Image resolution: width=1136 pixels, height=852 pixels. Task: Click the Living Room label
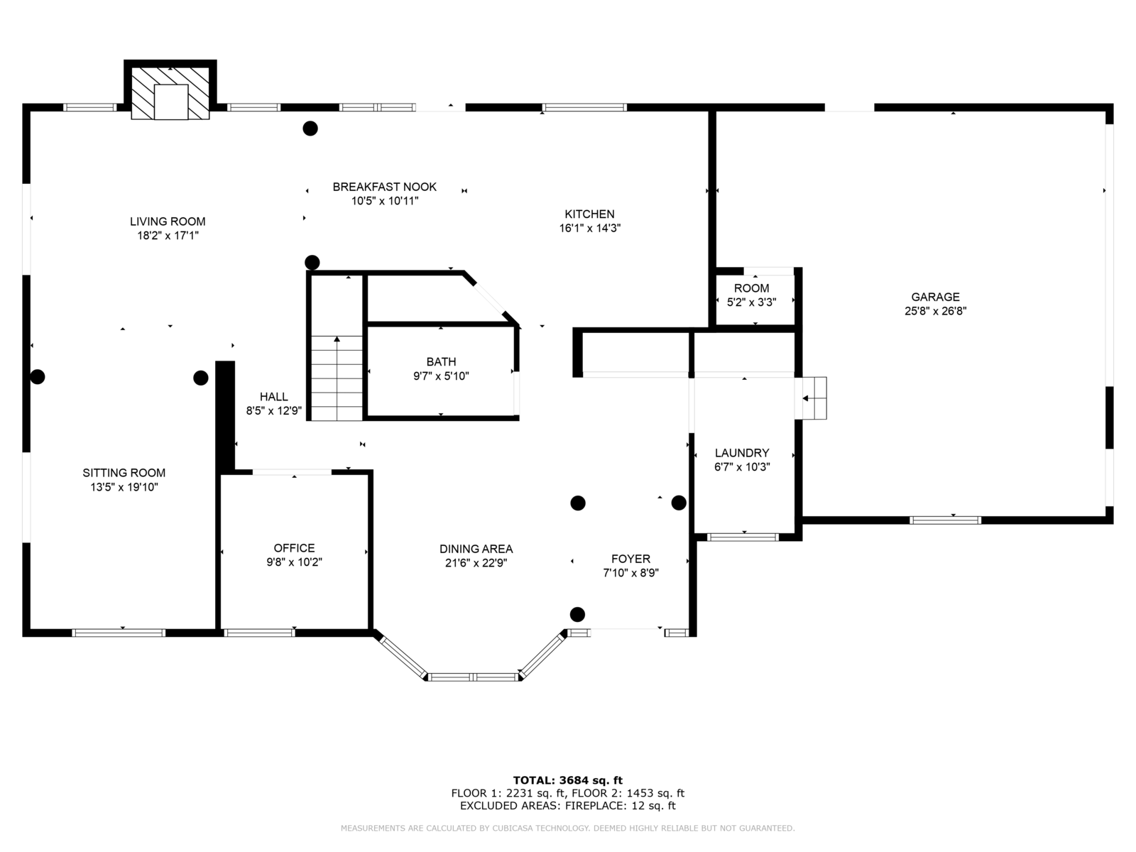coord(168,222)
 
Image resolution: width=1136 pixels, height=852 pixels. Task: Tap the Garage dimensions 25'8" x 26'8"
coord(935,311)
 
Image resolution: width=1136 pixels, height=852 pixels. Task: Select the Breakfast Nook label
coord(385,187)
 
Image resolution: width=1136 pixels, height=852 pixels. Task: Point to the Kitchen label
coord(589,214)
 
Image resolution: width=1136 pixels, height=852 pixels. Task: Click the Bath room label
coord(442,361)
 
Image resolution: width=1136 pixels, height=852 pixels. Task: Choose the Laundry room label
coord(742,453)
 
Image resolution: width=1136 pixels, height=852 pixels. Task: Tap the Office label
coord(294,548)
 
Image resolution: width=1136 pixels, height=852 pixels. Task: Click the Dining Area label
coord(476,549)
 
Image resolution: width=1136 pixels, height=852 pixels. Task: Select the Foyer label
coord(631,559)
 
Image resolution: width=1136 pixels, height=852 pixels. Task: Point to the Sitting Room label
coord(124,473)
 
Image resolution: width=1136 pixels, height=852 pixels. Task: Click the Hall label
coord(274,397)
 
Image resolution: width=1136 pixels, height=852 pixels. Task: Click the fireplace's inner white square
coord(171,102)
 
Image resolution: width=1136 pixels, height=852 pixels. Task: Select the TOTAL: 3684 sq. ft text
coord(568,780)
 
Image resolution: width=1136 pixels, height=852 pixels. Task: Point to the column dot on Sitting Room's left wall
coord(37,376)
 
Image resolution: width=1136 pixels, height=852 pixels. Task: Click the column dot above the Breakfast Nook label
coord(310,129)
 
